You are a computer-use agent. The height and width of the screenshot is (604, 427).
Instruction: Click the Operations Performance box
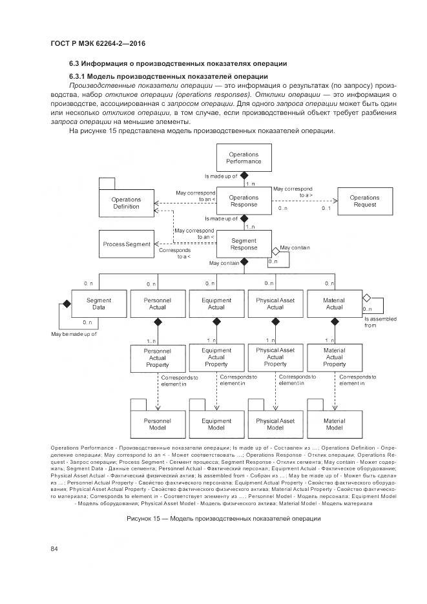[244, 158]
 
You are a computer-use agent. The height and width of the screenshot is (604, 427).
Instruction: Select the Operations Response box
[244, 201]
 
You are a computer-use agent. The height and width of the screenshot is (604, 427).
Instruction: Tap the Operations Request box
[364, 201]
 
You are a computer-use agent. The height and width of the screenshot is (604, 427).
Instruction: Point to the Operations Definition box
[126, 203]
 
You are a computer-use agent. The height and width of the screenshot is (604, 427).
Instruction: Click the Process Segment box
[125, 244]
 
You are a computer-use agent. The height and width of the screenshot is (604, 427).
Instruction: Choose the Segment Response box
[244, 244]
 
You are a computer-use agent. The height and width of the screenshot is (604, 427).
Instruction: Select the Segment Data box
[98, 304]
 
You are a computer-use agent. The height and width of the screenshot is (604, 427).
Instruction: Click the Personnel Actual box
[157, 304]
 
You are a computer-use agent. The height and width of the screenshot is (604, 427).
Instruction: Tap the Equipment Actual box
[216, 304]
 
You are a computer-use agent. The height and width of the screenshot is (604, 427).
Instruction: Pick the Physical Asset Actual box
[275, 304]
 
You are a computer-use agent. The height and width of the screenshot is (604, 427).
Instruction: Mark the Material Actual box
[334, 304]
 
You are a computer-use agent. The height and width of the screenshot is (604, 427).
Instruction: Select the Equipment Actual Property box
[216, 357]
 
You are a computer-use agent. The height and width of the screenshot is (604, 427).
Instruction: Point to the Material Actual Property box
[334, 357]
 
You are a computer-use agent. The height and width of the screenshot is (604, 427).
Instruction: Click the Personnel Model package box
[157, 424]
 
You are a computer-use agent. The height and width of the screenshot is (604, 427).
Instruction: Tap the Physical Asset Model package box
[275, 424]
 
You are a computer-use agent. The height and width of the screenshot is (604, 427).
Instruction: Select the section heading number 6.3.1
[79, 76]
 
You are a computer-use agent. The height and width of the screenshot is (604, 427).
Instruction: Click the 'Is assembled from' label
[380, 322]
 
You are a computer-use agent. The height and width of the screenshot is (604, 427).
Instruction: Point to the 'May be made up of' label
[74, 334]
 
